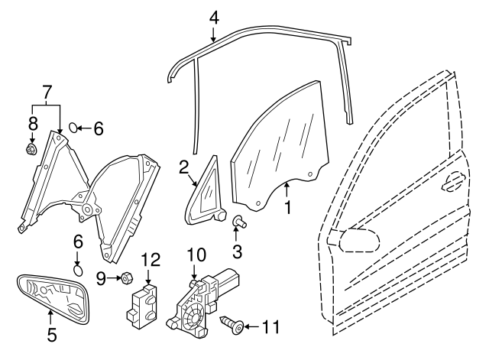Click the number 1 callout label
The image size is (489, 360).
(288, 206)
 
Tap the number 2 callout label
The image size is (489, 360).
(183, 167)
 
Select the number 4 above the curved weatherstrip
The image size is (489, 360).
(215, 15)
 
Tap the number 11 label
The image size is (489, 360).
(270, 328)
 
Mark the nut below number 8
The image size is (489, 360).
(34, 149)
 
